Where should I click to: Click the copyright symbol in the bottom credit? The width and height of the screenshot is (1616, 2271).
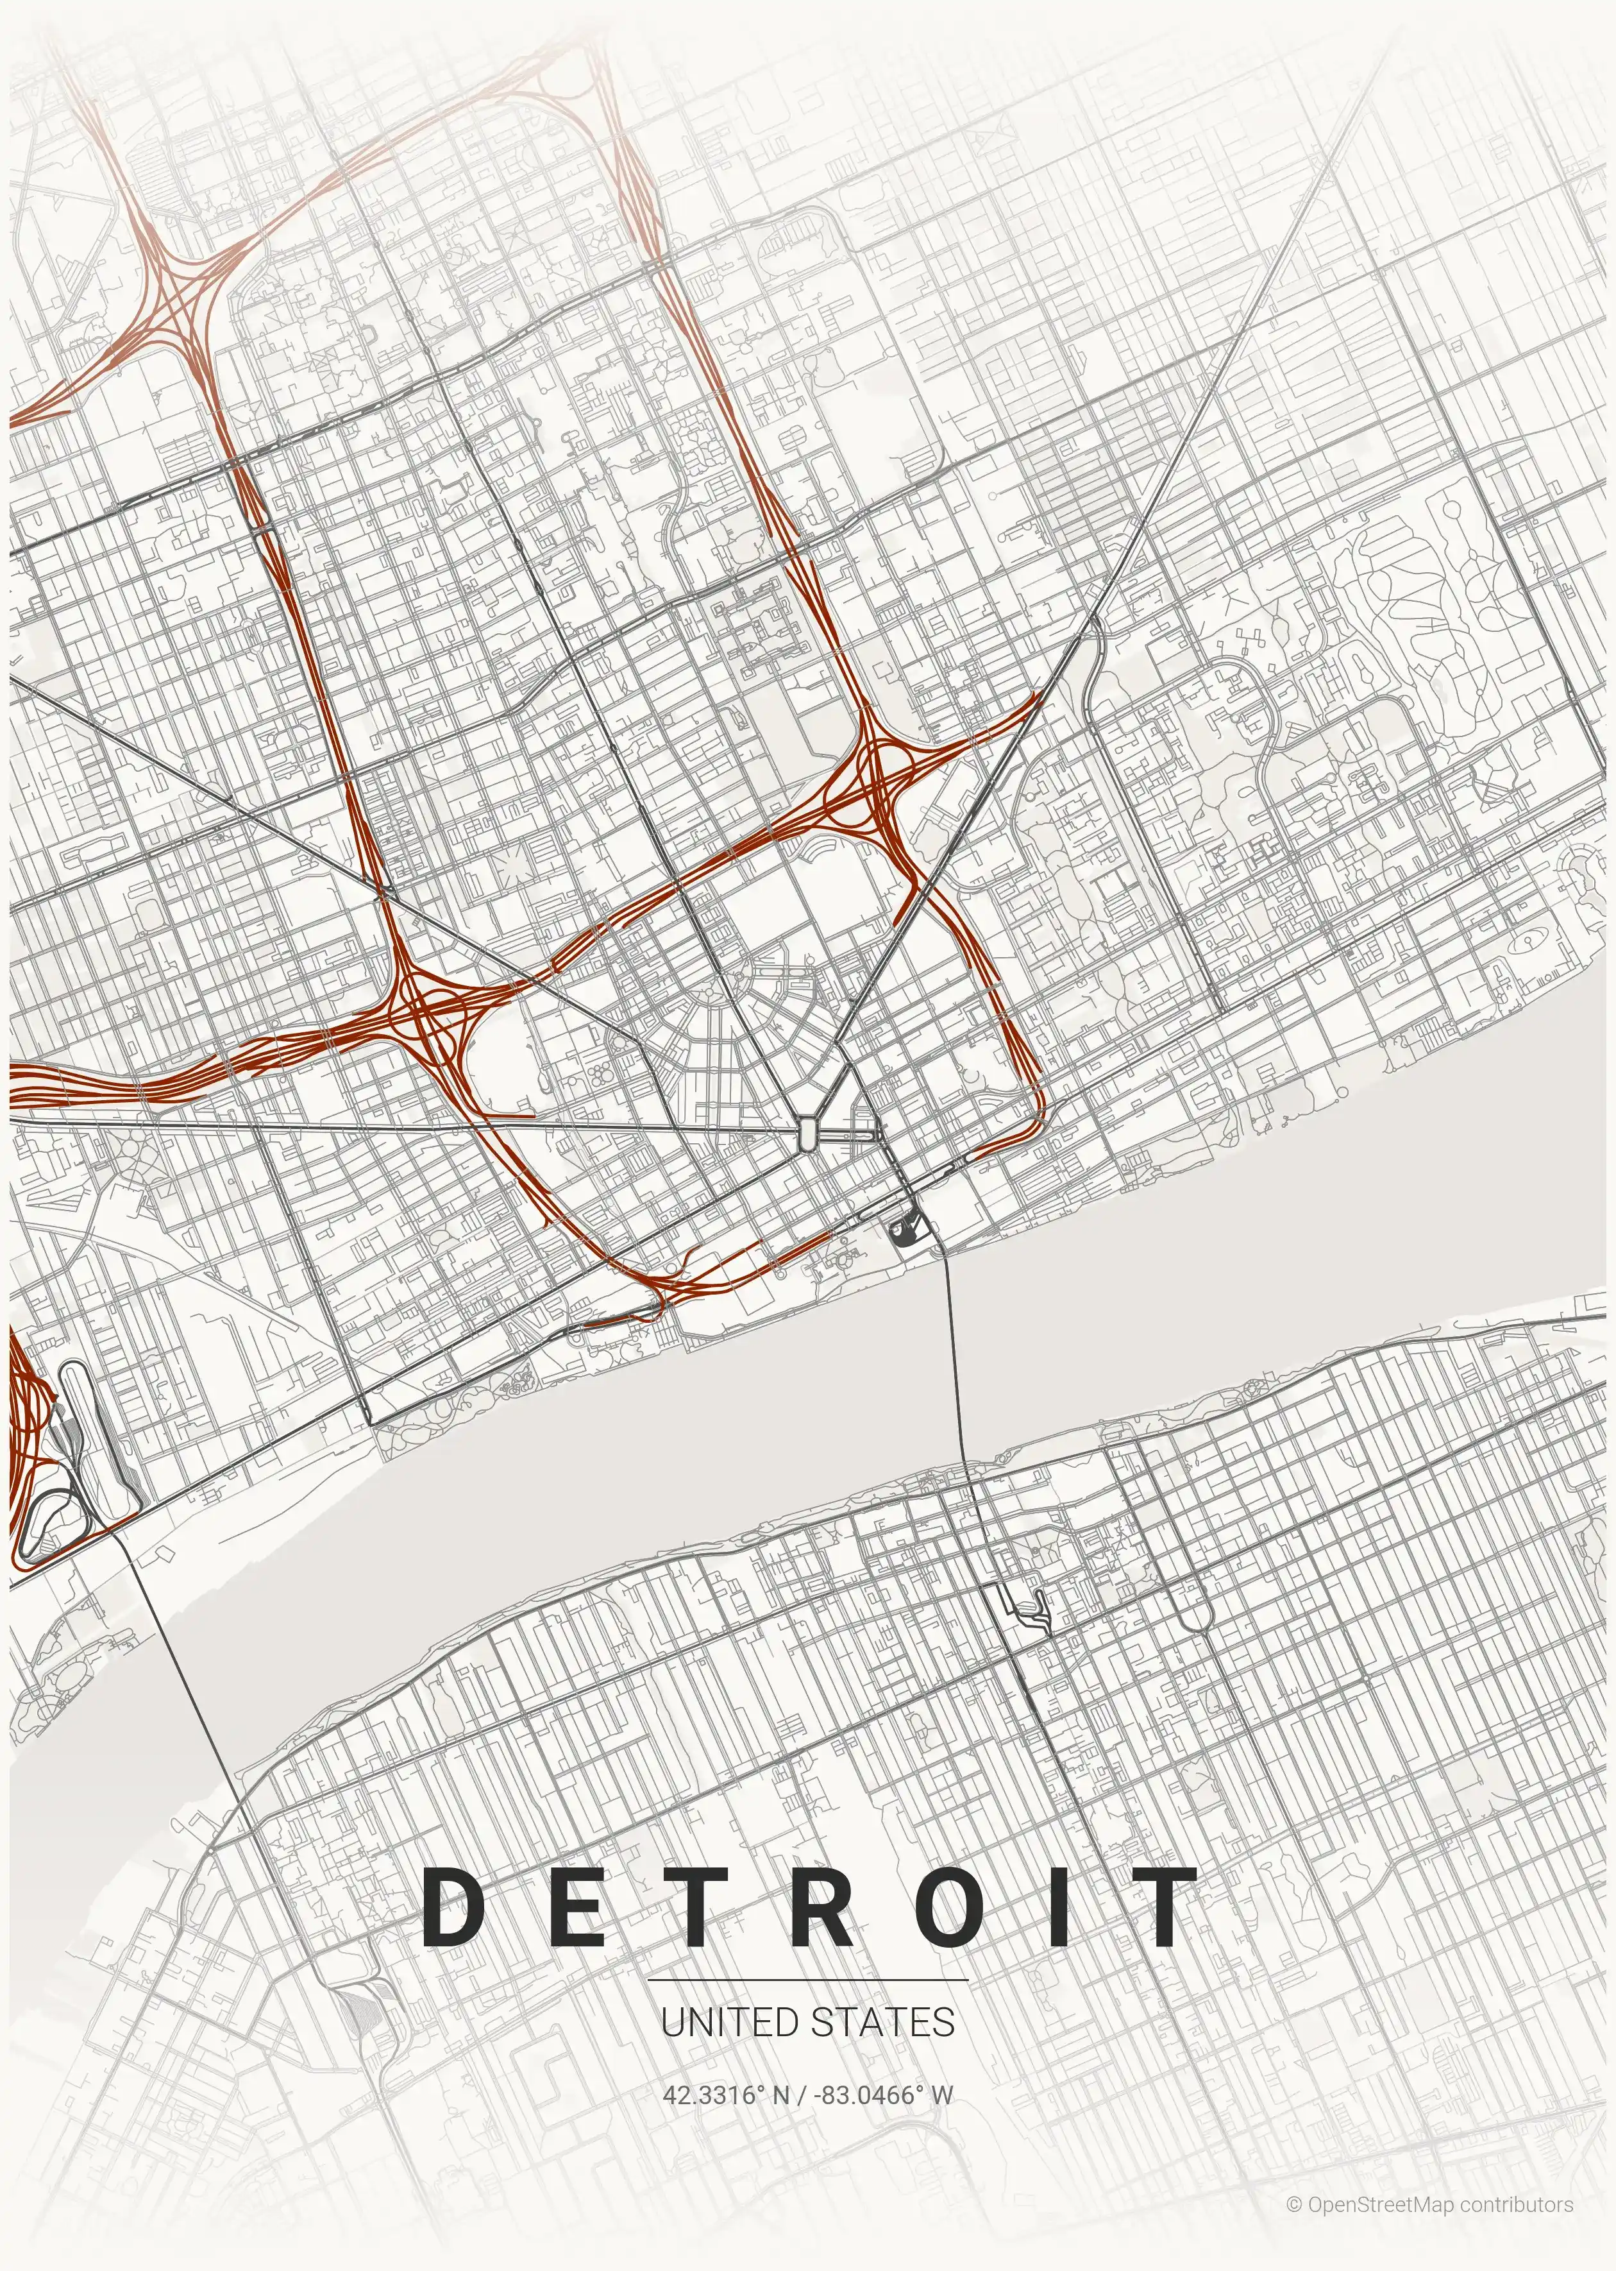1293,2197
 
